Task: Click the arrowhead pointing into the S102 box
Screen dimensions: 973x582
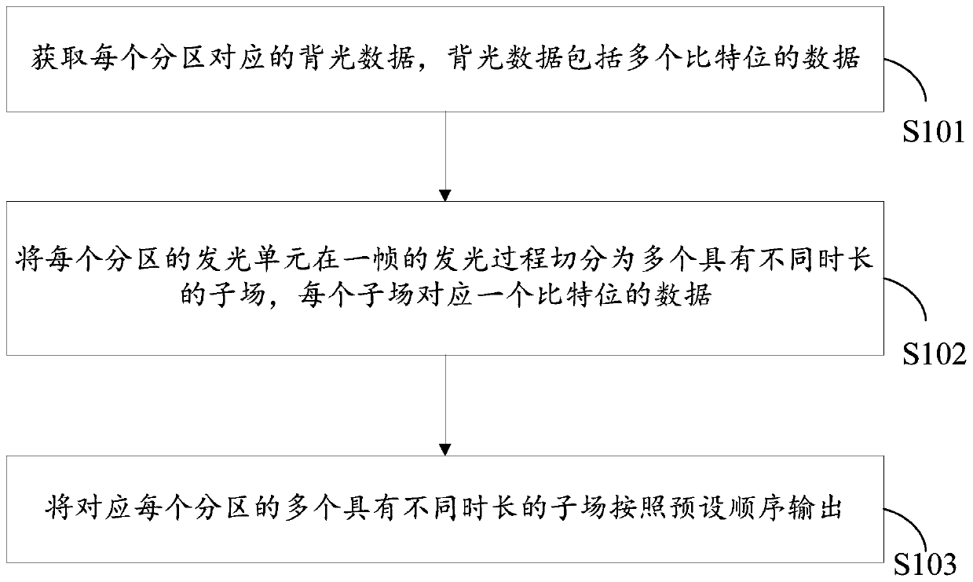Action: pos(445,195)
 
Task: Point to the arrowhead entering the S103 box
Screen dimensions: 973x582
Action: pos(445,449)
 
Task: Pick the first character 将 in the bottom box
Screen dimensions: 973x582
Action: pos(55,508)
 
